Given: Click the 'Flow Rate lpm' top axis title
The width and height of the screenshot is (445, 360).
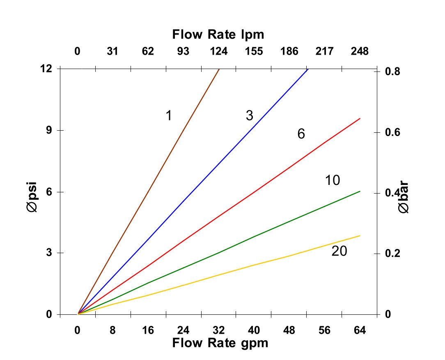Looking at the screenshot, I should pyautogui.click(x=218, y=35).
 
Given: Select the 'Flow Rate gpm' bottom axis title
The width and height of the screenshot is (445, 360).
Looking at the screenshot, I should pyautogui.click(x=220, y=343).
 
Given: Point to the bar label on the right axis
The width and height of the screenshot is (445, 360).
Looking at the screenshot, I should pyautogui.click(x=404, y=199).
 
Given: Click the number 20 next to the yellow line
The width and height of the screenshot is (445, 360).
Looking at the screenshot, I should pyautogui.click(x=339, y=251).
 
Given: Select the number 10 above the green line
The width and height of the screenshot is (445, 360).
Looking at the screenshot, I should pyautogui.click(x=333, y=180).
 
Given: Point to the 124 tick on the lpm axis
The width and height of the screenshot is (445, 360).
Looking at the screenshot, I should pyautogui.click(x=219, y=51).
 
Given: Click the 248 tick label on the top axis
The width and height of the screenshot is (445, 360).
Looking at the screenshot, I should pyautogui.click(x=360, y=51).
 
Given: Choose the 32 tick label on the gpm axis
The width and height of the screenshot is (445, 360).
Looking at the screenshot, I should pyautogui.click(x=219, y=330).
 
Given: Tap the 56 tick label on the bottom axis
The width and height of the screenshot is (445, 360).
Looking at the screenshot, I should pyautogui.click(x=324, y=330).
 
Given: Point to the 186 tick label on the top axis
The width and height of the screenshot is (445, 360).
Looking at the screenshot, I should pyautogui.click(x=289, y=51).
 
